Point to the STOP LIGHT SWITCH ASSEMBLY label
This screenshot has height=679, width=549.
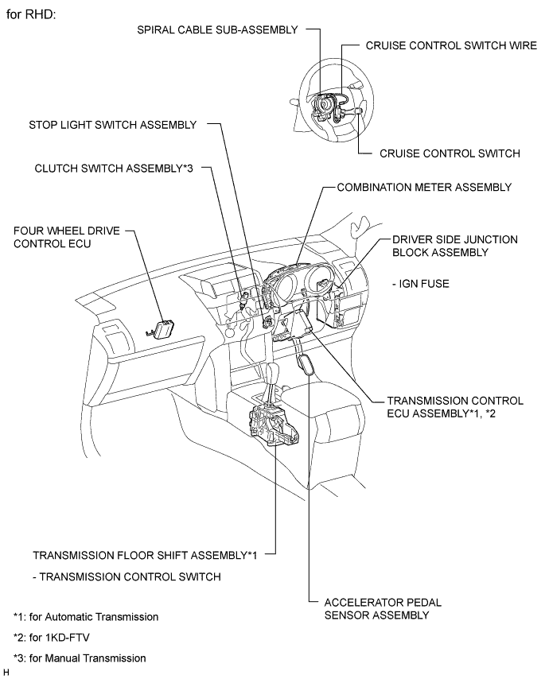point(112,125)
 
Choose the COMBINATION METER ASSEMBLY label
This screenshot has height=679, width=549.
point(423,188)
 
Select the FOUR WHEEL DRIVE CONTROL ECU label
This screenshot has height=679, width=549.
point(66,237)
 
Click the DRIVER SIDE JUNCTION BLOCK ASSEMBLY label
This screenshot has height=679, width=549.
point(454,246)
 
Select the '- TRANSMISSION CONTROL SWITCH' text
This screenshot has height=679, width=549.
point(127,576)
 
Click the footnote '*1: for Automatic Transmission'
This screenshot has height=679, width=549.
point(86,616)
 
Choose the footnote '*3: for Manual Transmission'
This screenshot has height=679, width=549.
point(80,658)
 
